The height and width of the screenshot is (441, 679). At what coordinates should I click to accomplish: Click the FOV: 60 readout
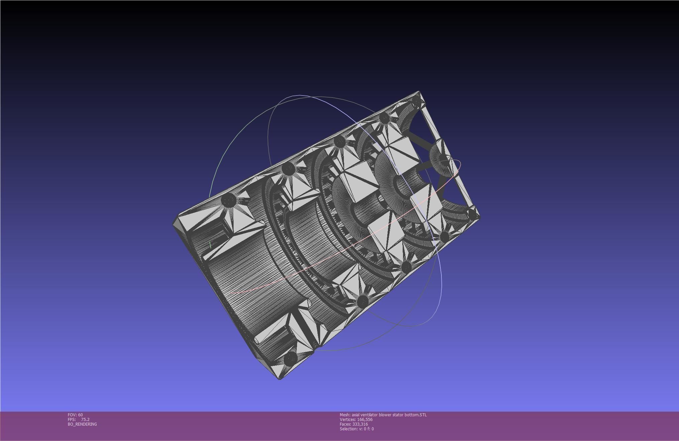[75, 415]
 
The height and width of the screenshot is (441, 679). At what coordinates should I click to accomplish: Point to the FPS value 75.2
[85, 419]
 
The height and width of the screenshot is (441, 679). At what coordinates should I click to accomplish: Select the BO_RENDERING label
[82, 424]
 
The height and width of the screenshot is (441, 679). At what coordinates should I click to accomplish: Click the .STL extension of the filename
[423, 415]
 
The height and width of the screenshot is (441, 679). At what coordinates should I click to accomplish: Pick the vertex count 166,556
[365, 419]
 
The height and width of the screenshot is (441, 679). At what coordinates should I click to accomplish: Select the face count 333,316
[360, 424]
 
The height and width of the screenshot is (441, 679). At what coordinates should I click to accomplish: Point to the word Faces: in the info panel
[345, 424]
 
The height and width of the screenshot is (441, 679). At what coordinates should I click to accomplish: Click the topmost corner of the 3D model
[419, 91]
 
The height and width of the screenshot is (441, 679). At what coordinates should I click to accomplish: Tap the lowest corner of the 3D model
[280, 380]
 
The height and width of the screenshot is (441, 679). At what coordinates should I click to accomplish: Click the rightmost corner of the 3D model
[480, 217]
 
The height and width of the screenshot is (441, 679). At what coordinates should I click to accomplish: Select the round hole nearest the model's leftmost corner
[229, 200]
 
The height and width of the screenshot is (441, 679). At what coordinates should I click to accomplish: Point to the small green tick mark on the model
[210, 245]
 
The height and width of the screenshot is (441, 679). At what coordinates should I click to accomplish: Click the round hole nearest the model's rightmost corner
[472, 214]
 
